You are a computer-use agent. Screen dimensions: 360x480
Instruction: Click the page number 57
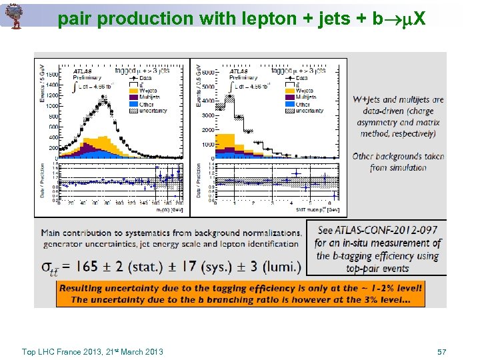click(x=441, y=351)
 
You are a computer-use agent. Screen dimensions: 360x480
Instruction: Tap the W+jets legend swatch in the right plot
click(x=291, y=91)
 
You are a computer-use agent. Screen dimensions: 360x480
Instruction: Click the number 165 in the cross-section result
click(x=87, y=267)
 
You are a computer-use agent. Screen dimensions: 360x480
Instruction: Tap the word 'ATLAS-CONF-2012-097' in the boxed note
click(x=377, y=231)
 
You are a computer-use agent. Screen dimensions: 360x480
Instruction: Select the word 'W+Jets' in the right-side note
click(x=370, y=100)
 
